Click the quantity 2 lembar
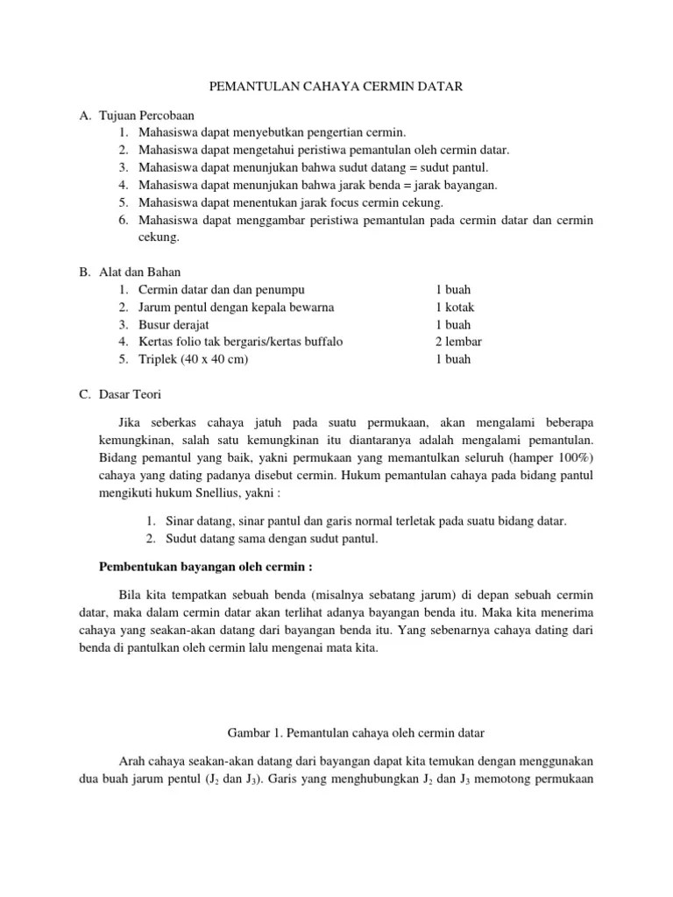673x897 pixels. (458, 342)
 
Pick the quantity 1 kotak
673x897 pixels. (455, 307)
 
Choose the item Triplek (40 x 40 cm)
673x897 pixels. (193, 359)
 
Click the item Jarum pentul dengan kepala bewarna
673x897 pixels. (236, 307)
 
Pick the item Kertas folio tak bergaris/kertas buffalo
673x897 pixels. (240, 342)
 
